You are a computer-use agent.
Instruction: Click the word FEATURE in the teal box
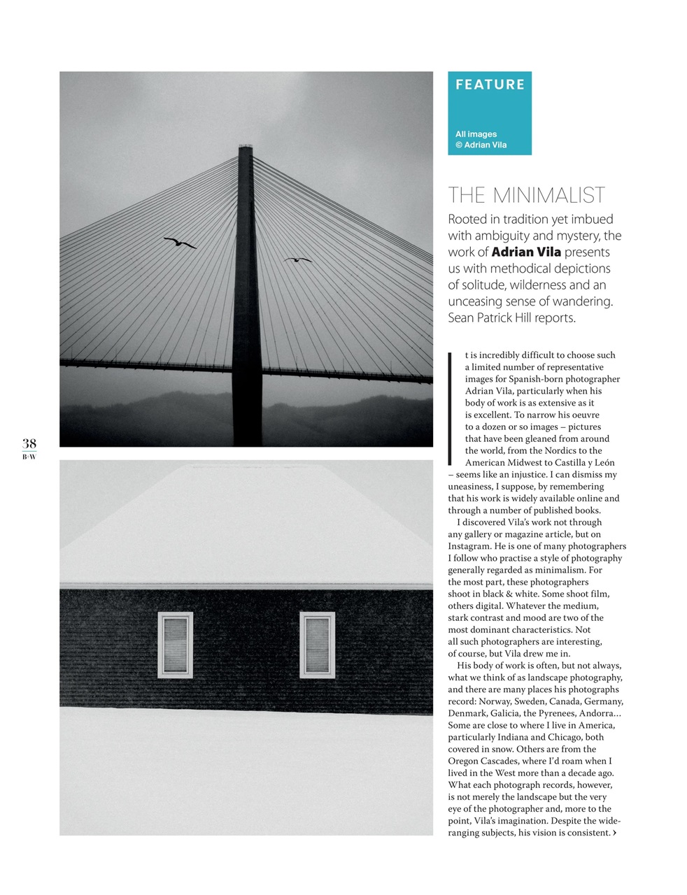(490, 85)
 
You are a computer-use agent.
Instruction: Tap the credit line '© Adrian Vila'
(481, 145)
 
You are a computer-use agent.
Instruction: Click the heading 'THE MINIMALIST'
(526, 195)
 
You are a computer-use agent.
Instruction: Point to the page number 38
(29, 443)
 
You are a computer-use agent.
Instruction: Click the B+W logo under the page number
(29, 457)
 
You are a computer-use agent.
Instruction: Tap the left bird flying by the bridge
(180, 243)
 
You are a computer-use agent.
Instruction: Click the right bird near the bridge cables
(297, 259)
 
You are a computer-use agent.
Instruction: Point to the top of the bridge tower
(245, 149)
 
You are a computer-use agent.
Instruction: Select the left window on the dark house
(175, 645)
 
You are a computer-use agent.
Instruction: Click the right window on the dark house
(317, 645)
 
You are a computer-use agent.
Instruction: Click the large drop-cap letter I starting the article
(451, 408)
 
